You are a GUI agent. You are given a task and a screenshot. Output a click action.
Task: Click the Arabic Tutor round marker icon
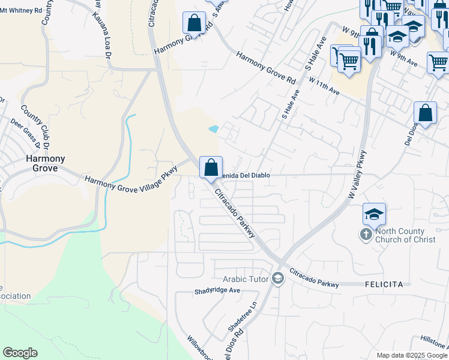click(x=277, y=278)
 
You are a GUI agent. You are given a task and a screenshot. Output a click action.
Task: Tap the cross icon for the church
click(x=366, y=235)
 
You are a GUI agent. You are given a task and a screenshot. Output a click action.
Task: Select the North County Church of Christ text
click(x=400, y=235)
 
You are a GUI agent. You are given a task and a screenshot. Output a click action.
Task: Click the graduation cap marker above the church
click(x=374, y=214)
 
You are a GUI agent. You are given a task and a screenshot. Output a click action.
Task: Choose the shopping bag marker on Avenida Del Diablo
click(x=211, y=167)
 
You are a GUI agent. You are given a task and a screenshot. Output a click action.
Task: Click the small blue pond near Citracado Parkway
click(x=213, y=129)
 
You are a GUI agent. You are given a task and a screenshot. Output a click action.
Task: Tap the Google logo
click(x=20, y=353)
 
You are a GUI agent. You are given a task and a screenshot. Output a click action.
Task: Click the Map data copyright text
click(x=412, y=355)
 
